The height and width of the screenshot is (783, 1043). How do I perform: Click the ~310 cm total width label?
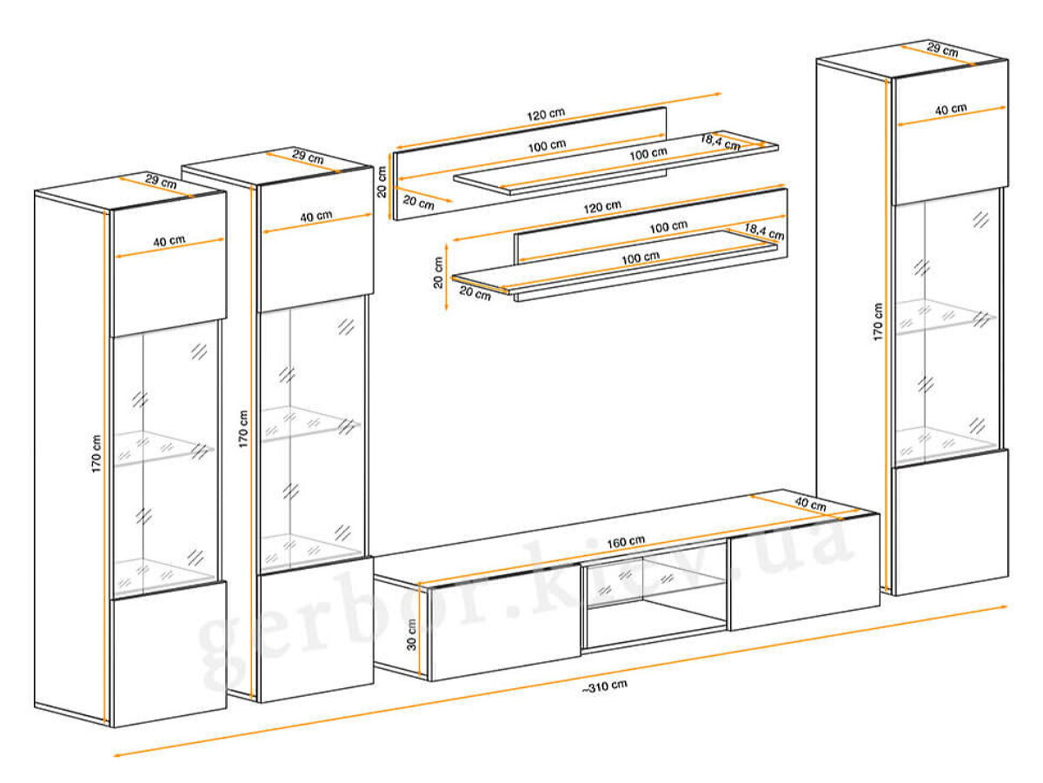[x=604, y=686]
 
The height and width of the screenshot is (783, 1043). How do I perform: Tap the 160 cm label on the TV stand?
[x=625, y=541]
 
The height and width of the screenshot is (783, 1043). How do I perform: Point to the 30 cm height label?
[x=411, y=635]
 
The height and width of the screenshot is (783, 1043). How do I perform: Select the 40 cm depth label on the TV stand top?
[x=811, y=505]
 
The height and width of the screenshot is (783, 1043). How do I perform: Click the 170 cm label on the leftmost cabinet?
[x=96, y=453]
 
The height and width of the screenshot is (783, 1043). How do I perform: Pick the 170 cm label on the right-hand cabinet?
[x=878, y=322]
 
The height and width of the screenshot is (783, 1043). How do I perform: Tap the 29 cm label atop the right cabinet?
[x=942, y=50]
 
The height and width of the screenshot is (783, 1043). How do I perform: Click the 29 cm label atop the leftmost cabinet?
[x=161, y=181]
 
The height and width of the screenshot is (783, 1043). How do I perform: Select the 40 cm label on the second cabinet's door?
[x=316, y=217]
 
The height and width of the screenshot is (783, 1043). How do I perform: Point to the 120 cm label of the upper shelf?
[x=546, y=114]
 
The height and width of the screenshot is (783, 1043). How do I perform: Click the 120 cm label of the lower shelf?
[x=602, y=207]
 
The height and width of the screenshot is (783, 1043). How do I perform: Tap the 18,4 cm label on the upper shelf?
[x=720, y=142]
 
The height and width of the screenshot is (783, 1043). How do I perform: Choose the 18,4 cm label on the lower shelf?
[x=764, y=231]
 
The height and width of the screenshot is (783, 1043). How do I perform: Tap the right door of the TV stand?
[x=804, y=572]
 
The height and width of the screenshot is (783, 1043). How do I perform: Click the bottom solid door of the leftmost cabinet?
[x=169, y=654]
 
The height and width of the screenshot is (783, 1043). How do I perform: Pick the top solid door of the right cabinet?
[x=949, y=133]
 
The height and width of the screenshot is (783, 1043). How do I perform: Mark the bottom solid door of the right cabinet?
[x=950, y=522]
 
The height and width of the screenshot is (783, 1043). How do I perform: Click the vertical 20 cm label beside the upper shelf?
[x=382, y=181]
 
